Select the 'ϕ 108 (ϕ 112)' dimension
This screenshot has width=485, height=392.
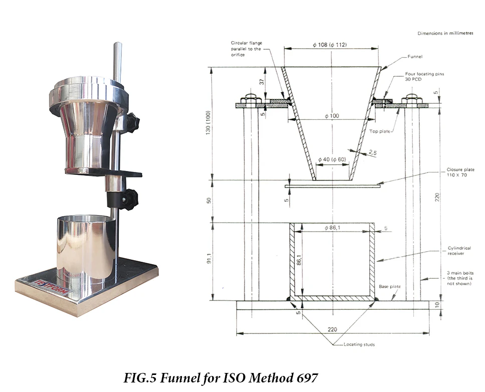329,45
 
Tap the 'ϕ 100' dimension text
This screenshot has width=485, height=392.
332,116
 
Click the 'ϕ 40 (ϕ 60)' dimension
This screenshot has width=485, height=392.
331,159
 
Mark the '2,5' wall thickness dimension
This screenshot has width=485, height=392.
372,151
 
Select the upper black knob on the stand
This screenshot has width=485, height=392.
132,121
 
